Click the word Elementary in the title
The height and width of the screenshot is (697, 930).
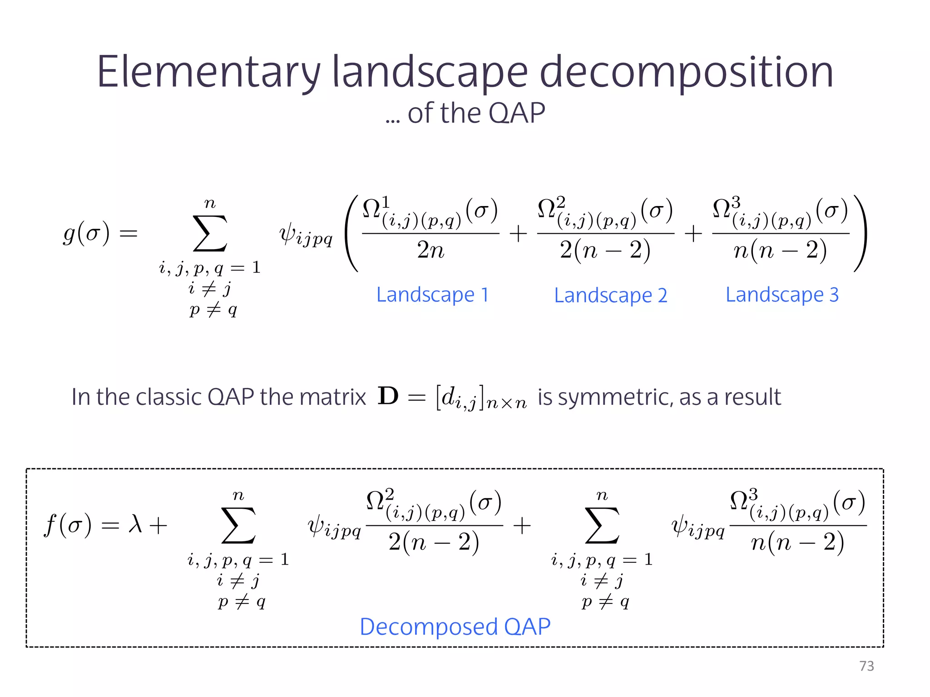tap(208, 73)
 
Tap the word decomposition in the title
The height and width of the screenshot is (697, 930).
tap(686, 73)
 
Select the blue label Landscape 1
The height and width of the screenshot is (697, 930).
tap(432, 295)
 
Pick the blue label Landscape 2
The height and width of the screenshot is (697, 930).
tap(610, 296)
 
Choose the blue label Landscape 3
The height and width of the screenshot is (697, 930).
tap(782, 295)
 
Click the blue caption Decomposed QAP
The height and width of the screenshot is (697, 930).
tap(455, 627)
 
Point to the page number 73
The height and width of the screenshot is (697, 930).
tap(866, 666)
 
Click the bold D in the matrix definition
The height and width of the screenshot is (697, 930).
tap(388, 396)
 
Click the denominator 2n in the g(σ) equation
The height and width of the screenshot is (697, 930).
tap(430, 250)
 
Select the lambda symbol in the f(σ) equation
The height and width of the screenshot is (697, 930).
tap(135, 525)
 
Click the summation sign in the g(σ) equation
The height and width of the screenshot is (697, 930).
tap(210, 233)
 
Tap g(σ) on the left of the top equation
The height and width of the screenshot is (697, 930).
tap(86, 233)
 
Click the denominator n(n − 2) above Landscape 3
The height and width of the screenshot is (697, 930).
tap(780, 250)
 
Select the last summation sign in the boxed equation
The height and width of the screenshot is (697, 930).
tap(602, 525)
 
